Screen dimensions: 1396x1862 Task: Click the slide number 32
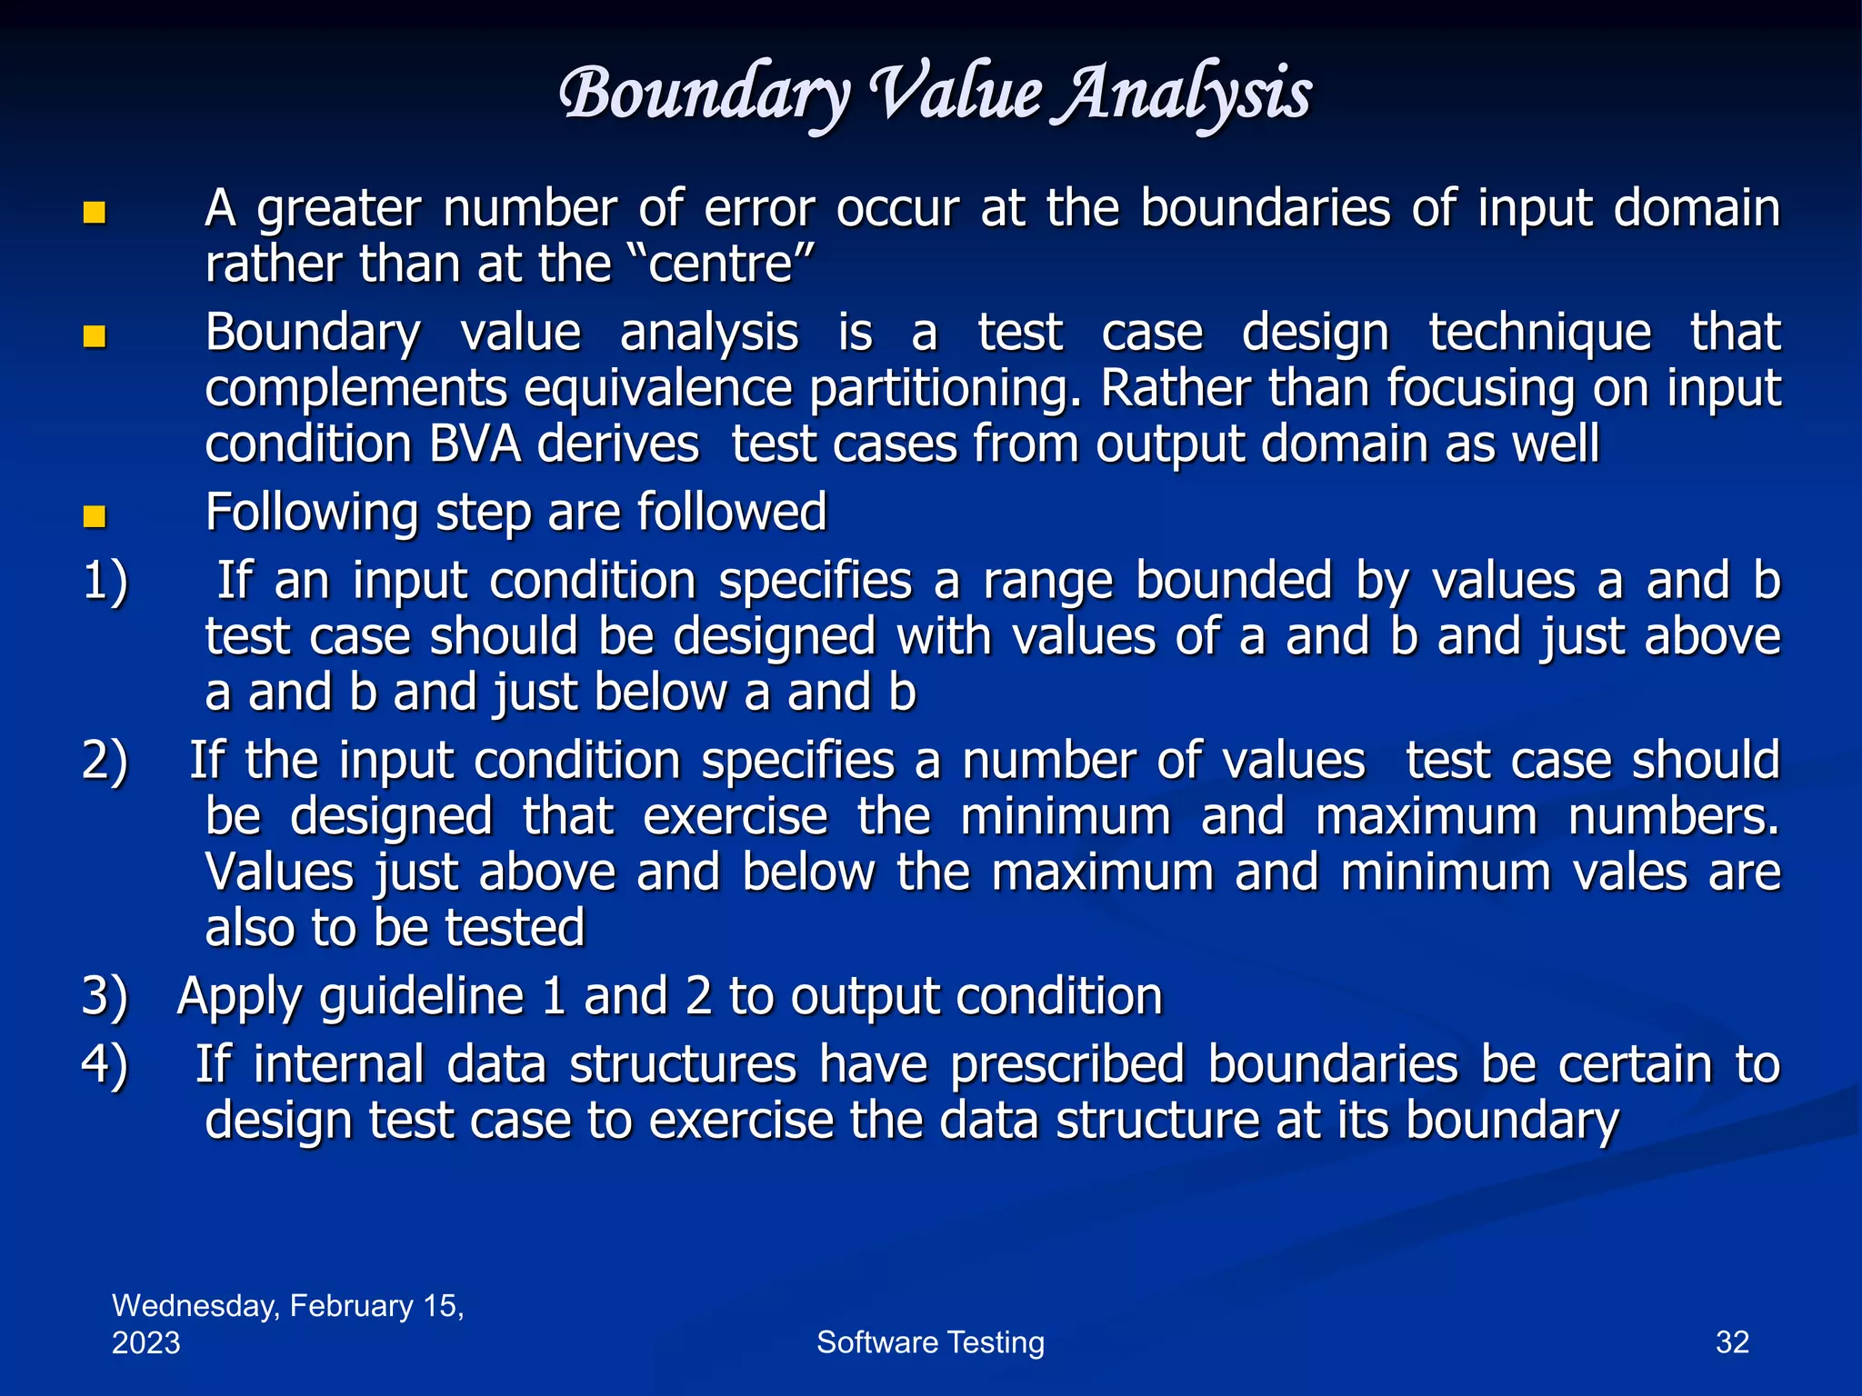1732,1342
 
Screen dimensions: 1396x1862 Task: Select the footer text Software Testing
930,1342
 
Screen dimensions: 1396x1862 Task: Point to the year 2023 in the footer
146,1342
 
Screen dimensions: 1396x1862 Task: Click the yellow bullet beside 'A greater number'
95,213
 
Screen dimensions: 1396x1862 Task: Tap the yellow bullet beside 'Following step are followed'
95,517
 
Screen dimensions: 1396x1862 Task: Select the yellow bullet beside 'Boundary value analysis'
95,337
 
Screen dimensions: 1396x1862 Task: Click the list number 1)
105,581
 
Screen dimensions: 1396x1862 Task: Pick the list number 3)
105,996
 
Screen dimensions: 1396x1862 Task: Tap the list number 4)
105,1064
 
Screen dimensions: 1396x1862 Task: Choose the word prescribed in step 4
1067,1065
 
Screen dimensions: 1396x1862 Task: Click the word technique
1539,333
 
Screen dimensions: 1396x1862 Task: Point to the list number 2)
105,761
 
